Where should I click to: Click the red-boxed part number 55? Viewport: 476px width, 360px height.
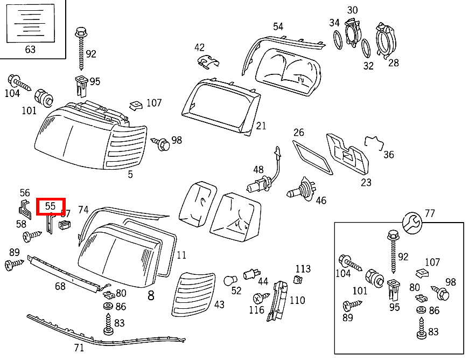point(50,206)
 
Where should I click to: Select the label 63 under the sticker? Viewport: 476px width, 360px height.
point(30,50)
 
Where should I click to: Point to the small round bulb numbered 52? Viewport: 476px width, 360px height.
point(230,281)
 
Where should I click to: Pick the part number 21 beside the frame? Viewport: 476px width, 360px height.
point(261,126)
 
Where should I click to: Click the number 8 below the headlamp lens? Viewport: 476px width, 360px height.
point(151,295)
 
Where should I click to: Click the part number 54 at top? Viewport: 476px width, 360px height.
point(278,26)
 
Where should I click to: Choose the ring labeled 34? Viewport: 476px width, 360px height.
point(337,40)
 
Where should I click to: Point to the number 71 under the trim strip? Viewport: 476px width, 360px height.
point(79,348)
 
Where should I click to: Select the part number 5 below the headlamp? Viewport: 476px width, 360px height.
point(130,175)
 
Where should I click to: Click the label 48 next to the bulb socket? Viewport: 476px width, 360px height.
point(258,170)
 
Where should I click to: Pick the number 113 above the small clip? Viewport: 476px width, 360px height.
point(303,269)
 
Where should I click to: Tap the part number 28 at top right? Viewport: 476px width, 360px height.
point(394,63)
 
